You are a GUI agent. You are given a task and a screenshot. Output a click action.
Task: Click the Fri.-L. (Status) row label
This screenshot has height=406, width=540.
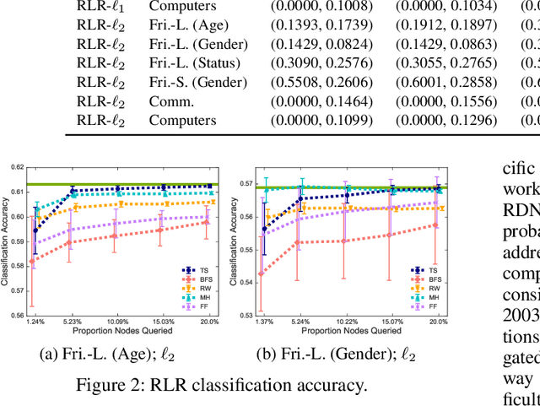pos(197,63)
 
